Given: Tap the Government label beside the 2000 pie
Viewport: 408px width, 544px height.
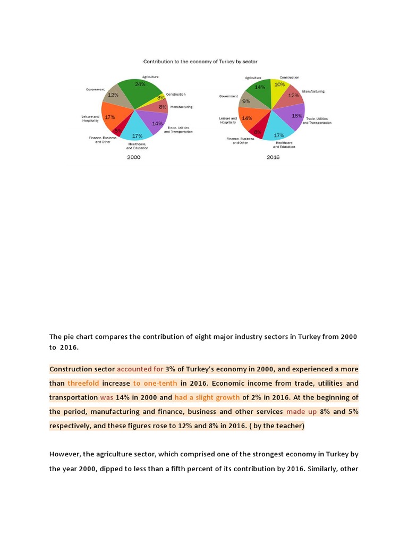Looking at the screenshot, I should [95, 89].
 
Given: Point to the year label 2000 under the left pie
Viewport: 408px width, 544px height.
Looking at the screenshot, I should [133, 157].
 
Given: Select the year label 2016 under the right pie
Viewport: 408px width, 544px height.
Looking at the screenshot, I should [273, 157].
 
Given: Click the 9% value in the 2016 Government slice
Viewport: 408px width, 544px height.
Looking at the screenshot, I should [246, 101].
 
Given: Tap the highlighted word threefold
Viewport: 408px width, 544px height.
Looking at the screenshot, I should [83, 383].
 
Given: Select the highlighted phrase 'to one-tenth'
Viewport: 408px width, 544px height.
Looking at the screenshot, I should [155, 383].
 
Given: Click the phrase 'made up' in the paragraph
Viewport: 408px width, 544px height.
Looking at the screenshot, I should [301, 412].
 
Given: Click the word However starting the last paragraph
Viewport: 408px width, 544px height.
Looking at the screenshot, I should [64, 454].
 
